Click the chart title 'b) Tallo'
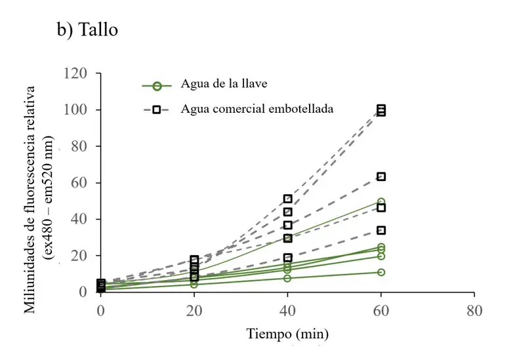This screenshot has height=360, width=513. (x=87, y=30)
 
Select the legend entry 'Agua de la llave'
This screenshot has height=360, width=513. (x=221, y=84)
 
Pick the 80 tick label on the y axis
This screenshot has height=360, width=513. (x=79, y=146)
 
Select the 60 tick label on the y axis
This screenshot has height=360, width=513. (x=79, y=182)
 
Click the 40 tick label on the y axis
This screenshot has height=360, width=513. (x=79, y=218)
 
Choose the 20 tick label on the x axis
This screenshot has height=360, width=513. (x=194, y=309)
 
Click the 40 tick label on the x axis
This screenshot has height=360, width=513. (x=287, y=309)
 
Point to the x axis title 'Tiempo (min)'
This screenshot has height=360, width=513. (x=287, y=333)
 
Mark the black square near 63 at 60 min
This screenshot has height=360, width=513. (x=380, y=176)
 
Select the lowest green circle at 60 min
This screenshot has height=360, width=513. (x=380, y=272)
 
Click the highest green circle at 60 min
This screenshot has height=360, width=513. (x=380, y=202)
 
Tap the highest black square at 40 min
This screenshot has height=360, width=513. (x=287, y=199)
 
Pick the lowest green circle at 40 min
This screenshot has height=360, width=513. (x=287, y=278)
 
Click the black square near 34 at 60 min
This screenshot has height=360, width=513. (x=380, y=230)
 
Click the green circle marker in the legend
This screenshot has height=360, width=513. (x=157, y=85)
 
